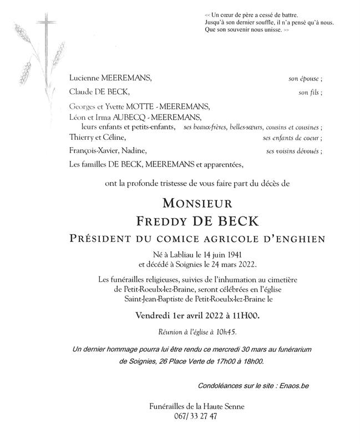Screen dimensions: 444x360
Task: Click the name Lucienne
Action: coord(85,79)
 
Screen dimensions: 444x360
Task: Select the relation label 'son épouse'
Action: coord(304,79)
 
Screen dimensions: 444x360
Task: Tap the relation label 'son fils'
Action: coord(309,92)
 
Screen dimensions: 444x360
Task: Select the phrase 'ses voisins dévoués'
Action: coord(292,150)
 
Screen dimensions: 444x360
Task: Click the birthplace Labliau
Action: coord(176,254)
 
